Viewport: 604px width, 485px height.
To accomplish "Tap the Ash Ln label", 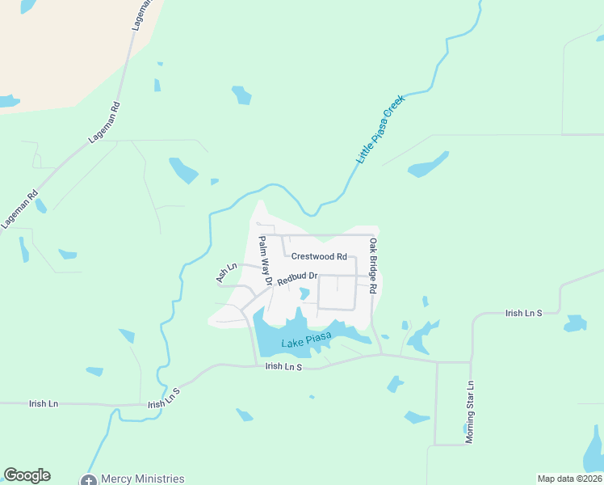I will (226, 272).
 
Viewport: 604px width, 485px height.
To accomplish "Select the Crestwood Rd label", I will (319, 256).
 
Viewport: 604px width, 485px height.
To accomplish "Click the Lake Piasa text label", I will (307, 342).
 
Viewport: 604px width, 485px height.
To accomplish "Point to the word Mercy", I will (115, 479).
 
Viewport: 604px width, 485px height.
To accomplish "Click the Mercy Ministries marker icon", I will (88, 479).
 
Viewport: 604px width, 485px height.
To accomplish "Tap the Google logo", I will (27, 475).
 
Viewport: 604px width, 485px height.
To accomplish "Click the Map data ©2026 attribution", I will (570, 479).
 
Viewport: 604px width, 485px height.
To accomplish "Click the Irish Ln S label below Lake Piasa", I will (283, 366).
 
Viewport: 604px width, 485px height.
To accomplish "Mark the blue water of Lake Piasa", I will (271, 331).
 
